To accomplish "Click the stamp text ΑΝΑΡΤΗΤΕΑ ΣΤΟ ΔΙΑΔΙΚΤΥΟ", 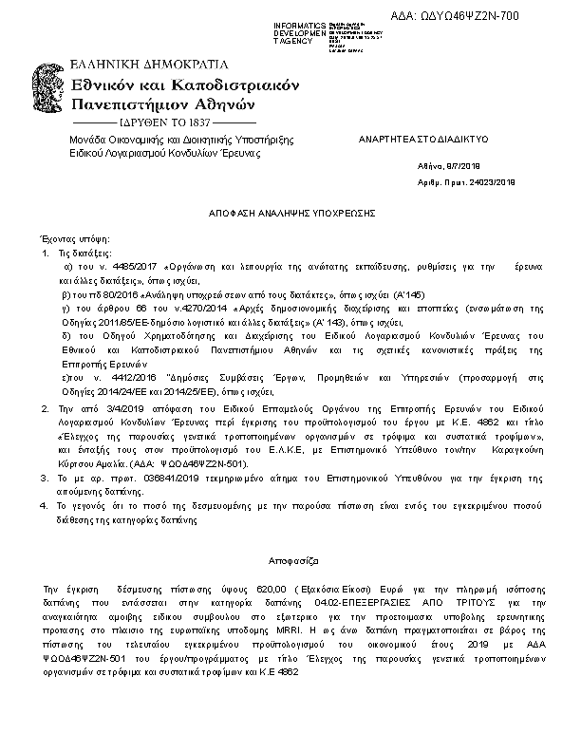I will pos(422,139).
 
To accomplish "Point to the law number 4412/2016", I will pos(125,377).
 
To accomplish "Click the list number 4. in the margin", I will pos(44,506).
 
